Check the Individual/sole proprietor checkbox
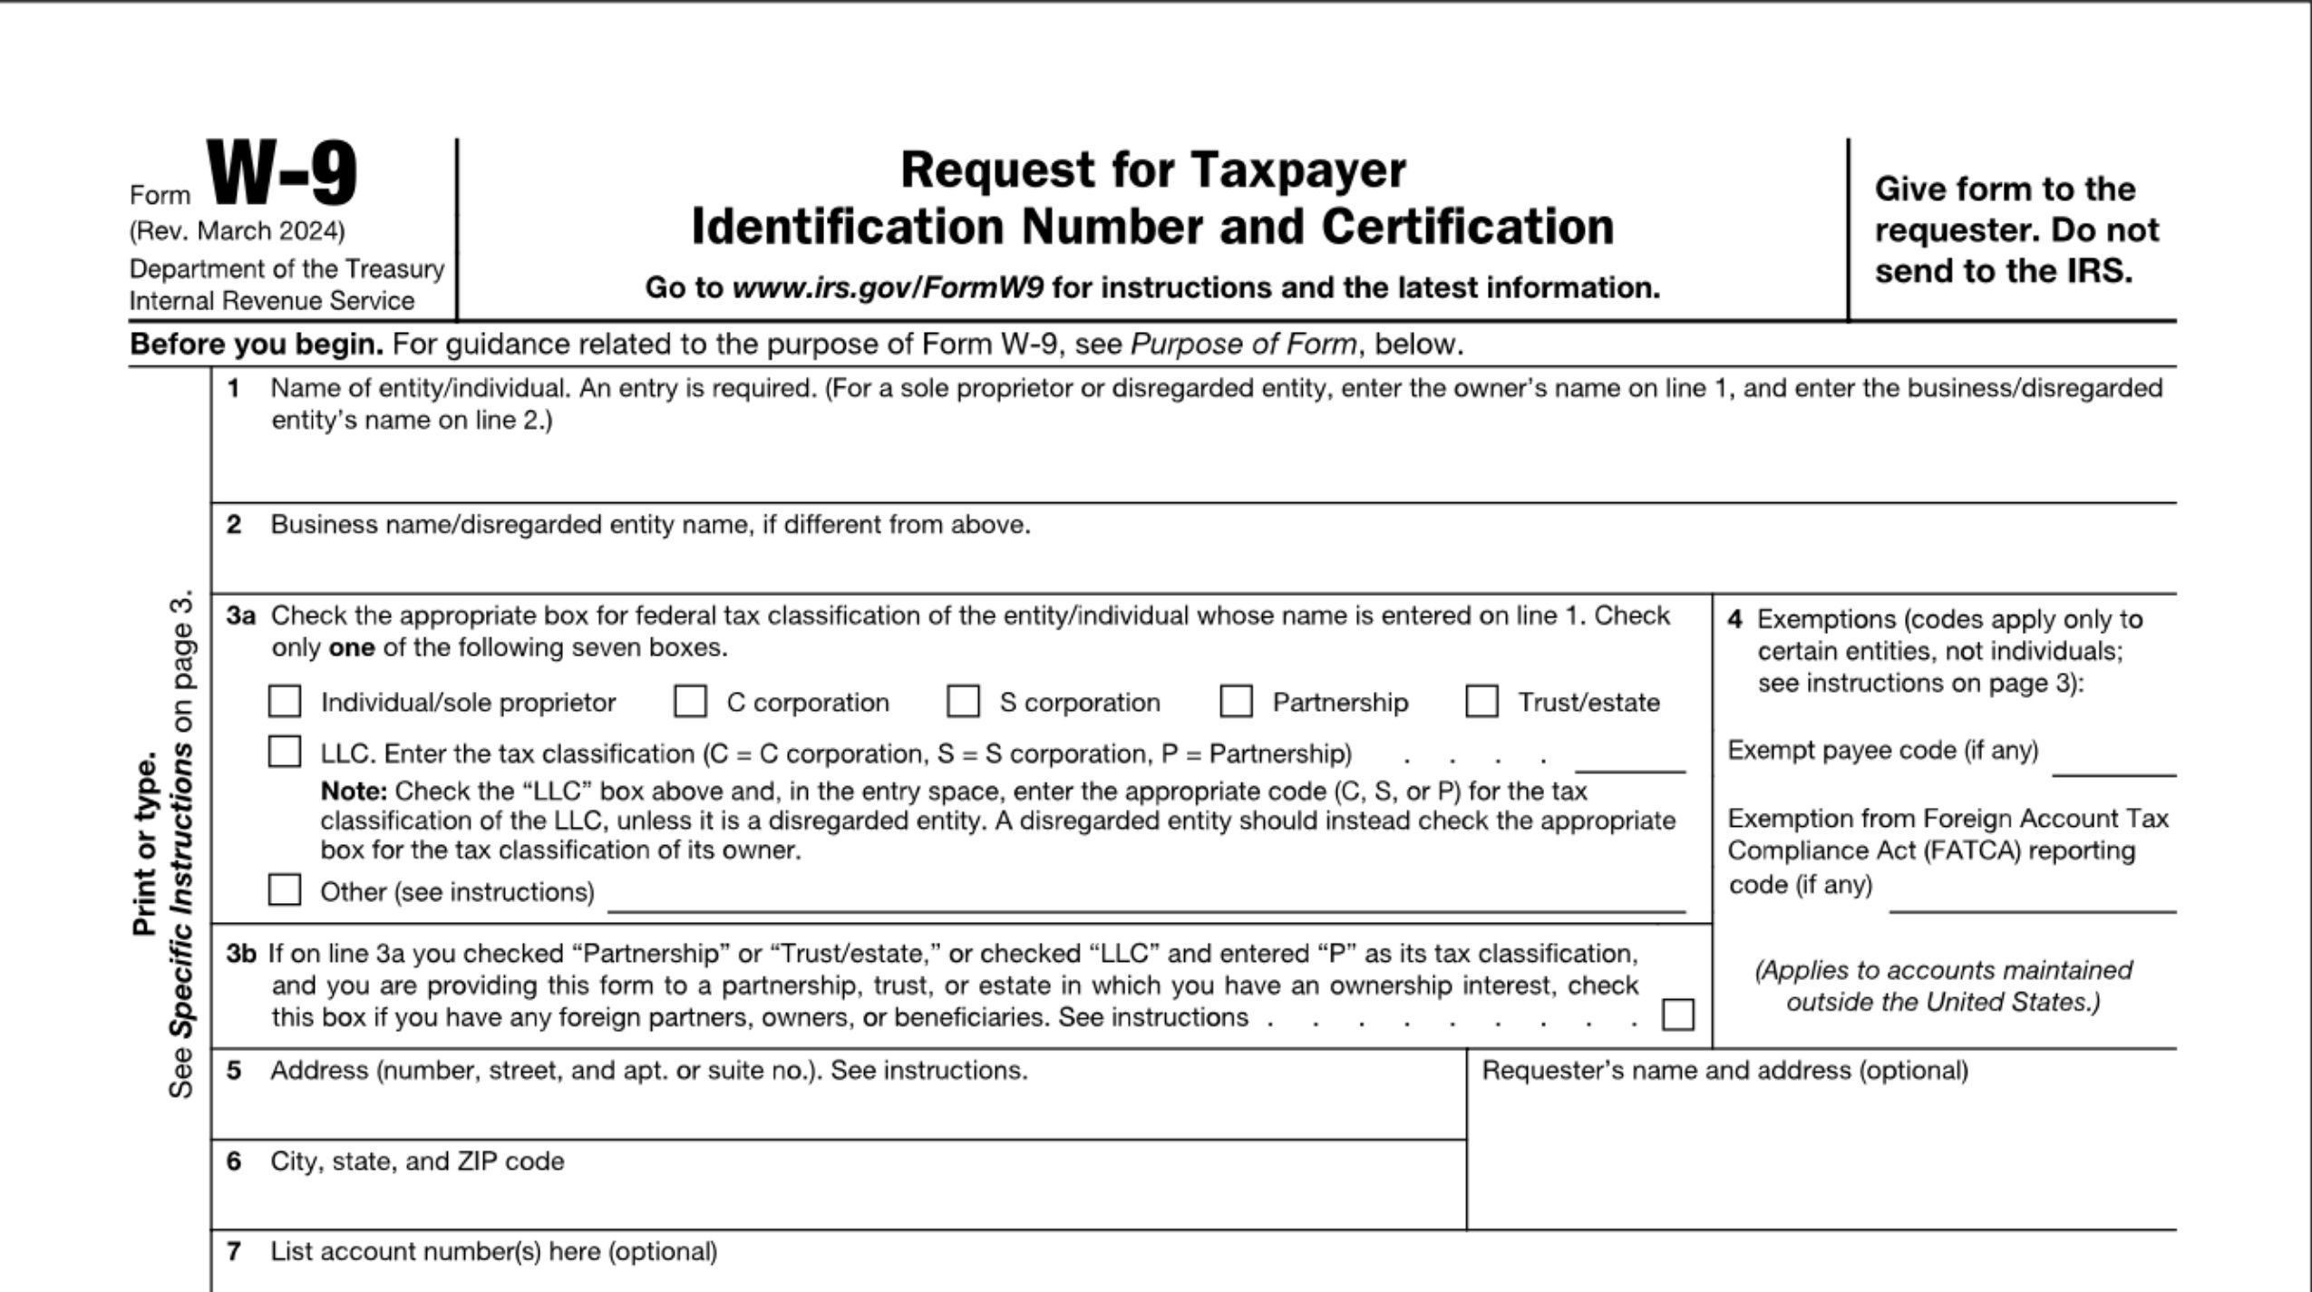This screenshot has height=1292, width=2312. (x=285, y=701)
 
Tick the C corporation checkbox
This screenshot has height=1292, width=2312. (x=690, y=701)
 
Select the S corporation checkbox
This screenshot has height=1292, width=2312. (x=963, y=701)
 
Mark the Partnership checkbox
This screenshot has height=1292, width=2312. (x=1236, y=701)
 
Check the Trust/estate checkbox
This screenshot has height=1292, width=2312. (x=1481, y=701)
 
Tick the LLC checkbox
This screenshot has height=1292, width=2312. (x=285, y=752)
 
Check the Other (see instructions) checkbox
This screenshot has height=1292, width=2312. (x=285, y=889)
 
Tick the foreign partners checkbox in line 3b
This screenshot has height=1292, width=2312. (x=1677, y=1015)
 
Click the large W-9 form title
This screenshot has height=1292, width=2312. (x=283, y=174)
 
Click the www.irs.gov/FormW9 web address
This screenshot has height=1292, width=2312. (x=888, y=288)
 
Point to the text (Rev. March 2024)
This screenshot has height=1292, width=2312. (x=237, y=232)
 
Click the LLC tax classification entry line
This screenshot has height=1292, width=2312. (x=1629, y=762)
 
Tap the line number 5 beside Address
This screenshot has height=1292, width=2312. (x=234, y=1071)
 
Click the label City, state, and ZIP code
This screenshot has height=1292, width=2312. (x=417, y=1161)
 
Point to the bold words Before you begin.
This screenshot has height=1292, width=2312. (x=257, y=345)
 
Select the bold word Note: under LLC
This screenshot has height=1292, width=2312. (x=354, y=792)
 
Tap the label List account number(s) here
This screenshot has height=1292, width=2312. (x=493, y=1252)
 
